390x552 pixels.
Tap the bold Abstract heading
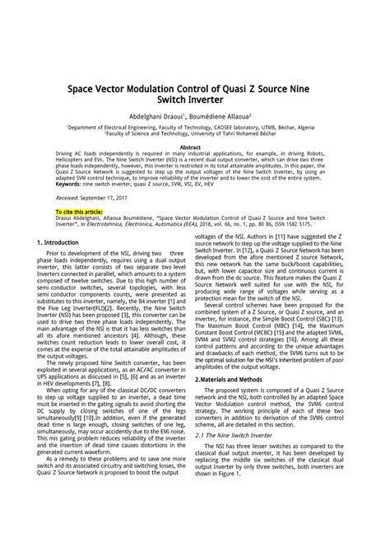(194, 147)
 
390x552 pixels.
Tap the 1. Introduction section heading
(58, 243)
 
